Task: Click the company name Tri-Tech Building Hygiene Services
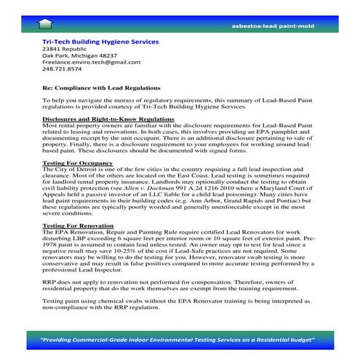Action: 100,42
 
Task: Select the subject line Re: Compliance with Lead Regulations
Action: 94,95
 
